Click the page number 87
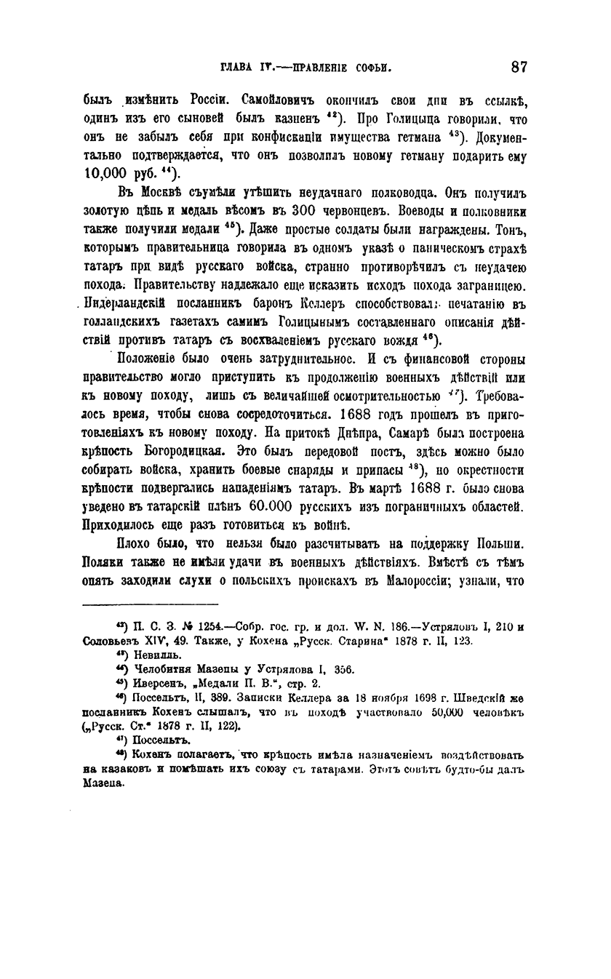pyautogui.click(x=519, y=67)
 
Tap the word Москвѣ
pyautogui.click(x=164, y=193)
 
